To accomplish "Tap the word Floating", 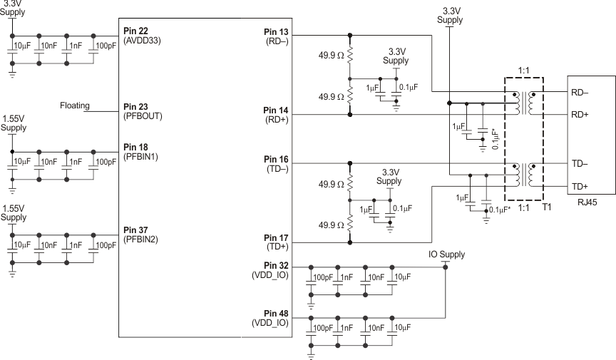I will pyautogui.click(x=75, y=106).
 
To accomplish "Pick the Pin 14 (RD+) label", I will pyautogui.click(x=275, y=115).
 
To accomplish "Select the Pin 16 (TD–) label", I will pyautogui.click(x=275, y=165).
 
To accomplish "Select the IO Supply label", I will pyautogui.click(x=446, y=254).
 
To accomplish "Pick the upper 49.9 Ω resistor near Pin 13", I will pyautogui.click(x=350, y=54).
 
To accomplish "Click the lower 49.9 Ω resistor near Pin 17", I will pyautogui.click(x=350, y=225).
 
